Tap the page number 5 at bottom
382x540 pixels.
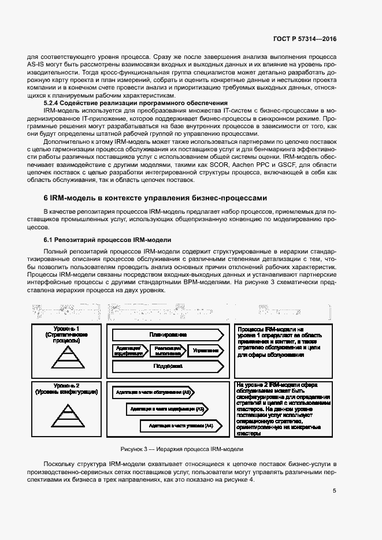(335, 491)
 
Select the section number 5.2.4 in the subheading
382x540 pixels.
(53, 102)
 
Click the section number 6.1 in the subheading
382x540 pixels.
(50, 240)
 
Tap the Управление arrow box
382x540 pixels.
(206, 350)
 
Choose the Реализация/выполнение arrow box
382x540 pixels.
(168, 350)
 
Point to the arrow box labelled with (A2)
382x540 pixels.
(154, 393)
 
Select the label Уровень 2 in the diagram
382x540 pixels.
(70, 385)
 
